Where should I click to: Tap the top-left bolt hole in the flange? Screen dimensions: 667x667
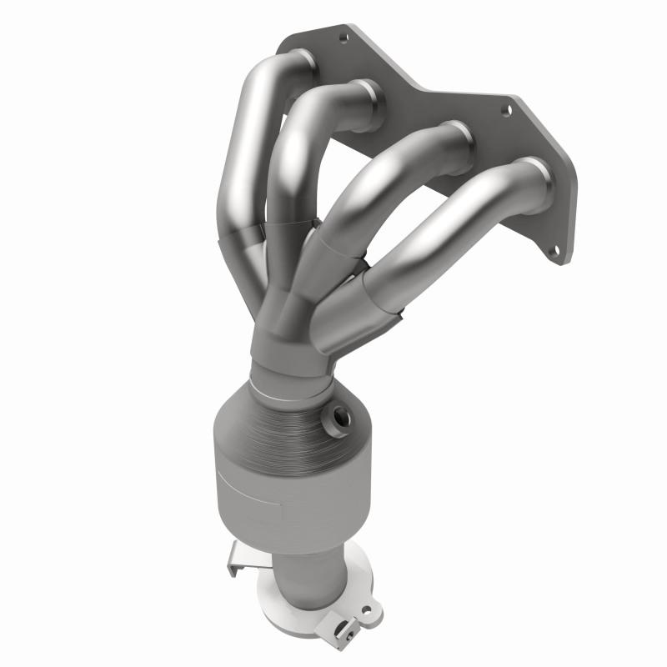click(x=343, y=37)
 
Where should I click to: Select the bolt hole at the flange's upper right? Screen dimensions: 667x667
click(x=505, y=110)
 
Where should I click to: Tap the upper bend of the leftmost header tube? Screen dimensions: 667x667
click(x=250, y=92)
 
